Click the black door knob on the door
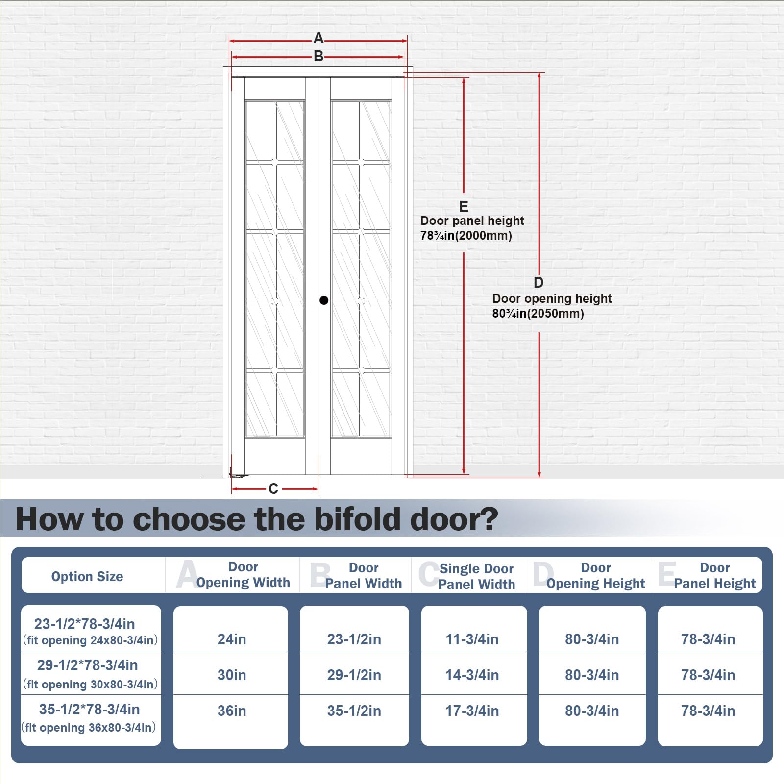pyautogui.click(x=324, y=300)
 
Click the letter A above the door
pyautogui.click(x=318, y=38)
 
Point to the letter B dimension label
pyautogui.click(x=318, y=56)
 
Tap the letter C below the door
pyautogui.click(x=273, y=489)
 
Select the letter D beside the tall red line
pyautogui.click(x=539, y=283)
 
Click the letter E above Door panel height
pyautogui.click(x=464, y=206)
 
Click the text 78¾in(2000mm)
pyautogui.click(x=466, y=236)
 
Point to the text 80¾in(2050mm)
pyautogui.click(x=538, y=314)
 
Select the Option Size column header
pyautogui.click(x=87, y=577)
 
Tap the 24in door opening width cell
pyautogui.click(x=232, y=639)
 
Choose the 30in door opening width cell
pyautogui.click(x=232, y=675)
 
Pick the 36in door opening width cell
pyautogui.click(x=232, y=710)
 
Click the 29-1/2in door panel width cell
pyautogui.click(x=354, y=675)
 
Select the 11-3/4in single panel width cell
pyautogui.click(x=472, y=639)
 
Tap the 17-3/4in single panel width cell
pyautogui.click(x=472, y=710)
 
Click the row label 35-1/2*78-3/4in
pyautogui.click(x=89, y=709)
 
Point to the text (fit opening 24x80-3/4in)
pyautogui.click(x=90, y=640)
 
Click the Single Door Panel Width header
pyautogui.click(x=476, y=576)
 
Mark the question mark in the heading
pyautogui.click(x=488, y=519)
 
